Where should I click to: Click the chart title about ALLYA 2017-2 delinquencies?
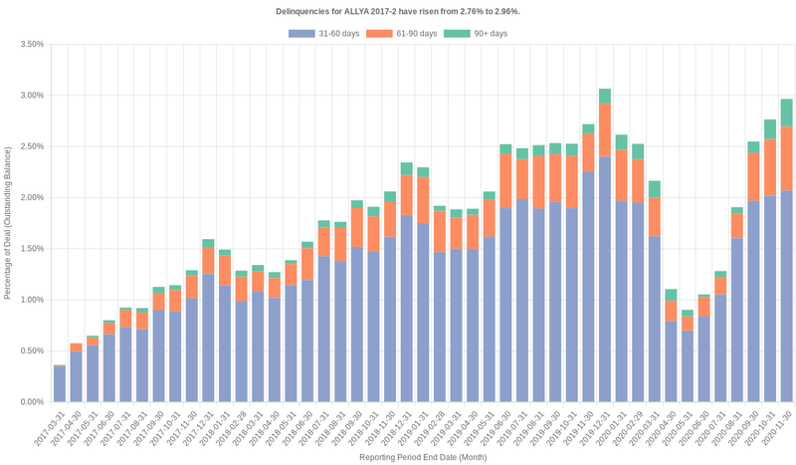[x=397, y=11]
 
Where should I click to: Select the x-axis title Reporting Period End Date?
[x=422, y=457]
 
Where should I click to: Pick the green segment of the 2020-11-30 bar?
[x=786, y=113]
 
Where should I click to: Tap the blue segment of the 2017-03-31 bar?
[x=60, y=384]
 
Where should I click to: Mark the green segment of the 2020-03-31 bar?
[x=655, y=189]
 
